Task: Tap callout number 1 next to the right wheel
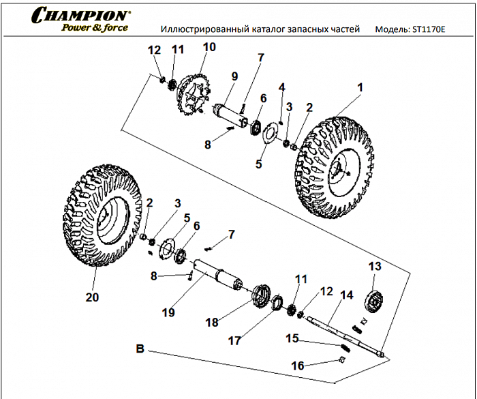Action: click(360, 88)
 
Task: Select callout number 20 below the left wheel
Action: click(92, 297)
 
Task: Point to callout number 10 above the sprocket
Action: click(209, 47)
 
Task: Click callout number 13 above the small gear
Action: click(374, 265)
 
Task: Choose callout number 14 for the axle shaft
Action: click(346, 295)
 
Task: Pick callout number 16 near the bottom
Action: click(298, 366)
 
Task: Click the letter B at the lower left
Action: click(140, 349)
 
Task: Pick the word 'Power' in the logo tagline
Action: click(77, 29)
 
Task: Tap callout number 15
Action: click(292, 338)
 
